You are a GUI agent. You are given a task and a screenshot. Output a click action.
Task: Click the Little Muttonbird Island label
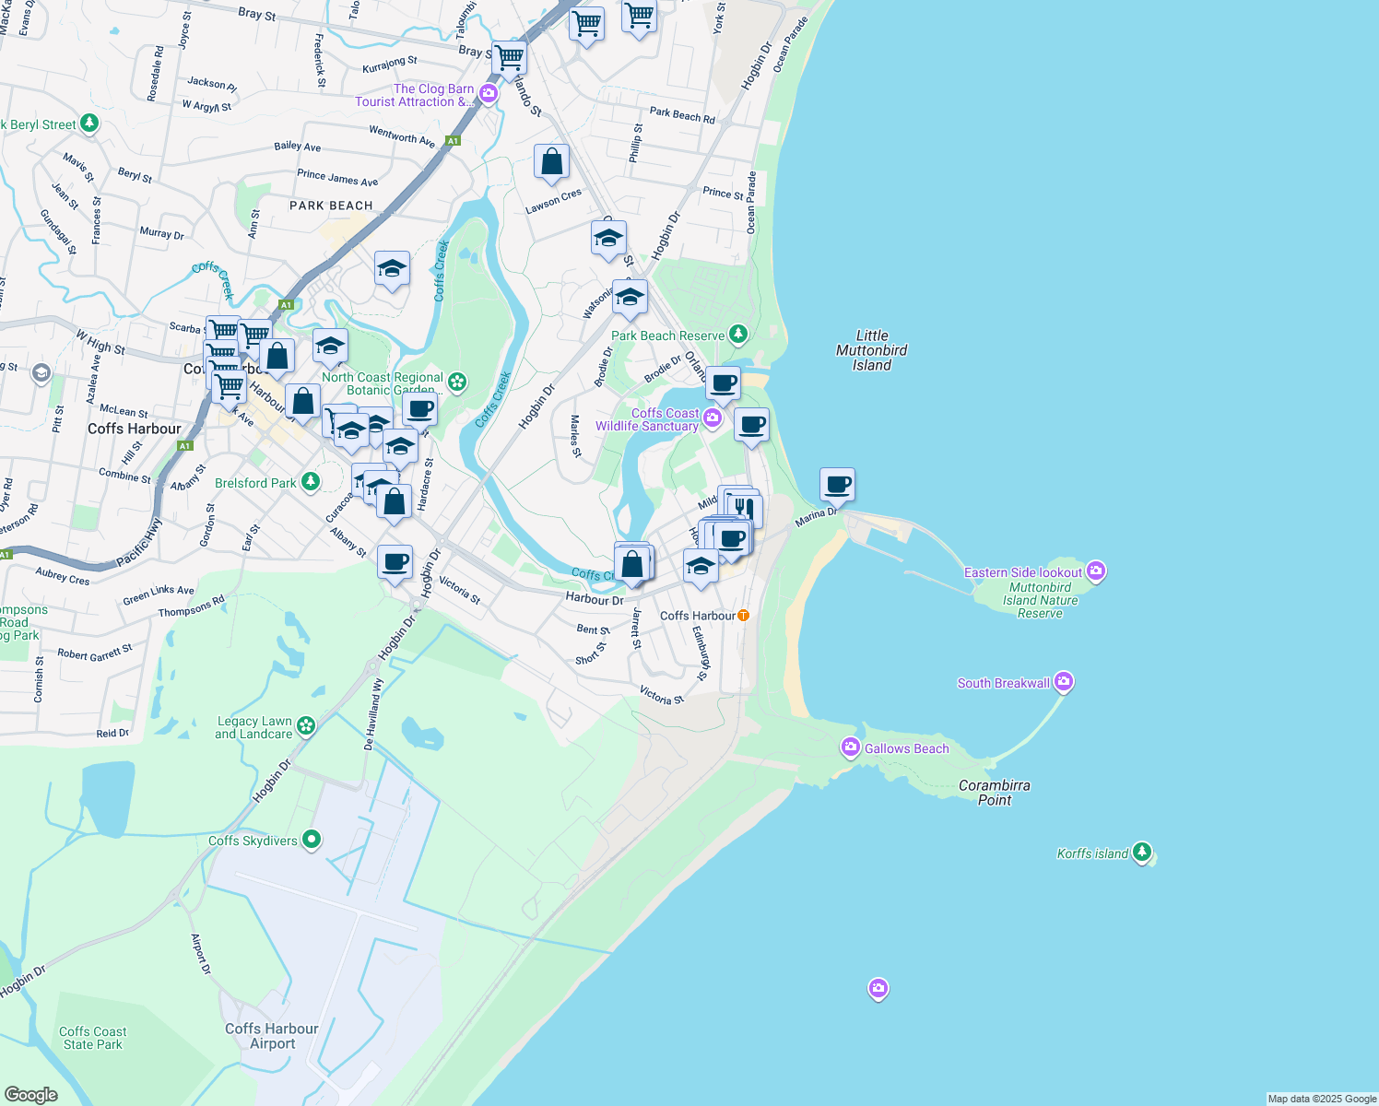[x=871, y=350]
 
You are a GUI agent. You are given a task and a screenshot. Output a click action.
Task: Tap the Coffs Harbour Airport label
[x=272, y=1036]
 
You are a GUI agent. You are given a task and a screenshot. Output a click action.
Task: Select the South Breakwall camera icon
[x=1064, y=682]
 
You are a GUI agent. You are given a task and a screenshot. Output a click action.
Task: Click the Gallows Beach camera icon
[x=850, y=747]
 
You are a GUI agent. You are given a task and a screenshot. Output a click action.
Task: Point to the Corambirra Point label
[x=994, y=793]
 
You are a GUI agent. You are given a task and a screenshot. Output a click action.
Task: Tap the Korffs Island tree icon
[x=1142, y=853]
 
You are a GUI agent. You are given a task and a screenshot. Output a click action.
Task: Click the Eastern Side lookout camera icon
[x=1096, y=571]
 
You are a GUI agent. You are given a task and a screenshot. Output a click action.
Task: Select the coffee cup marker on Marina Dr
[x=837, y=484]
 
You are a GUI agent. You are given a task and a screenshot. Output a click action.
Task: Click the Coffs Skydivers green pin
[x=312, y=840]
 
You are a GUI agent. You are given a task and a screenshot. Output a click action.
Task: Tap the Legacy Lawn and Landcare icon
[x=306, y=726]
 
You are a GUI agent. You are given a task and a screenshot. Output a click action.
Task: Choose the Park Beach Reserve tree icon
[x=737, y=335]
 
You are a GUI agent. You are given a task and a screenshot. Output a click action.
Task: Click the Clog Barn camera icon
[x=489, y=94]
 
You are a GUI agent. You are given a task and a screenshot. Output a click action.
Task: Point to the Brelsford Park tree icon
[x=311, y=482]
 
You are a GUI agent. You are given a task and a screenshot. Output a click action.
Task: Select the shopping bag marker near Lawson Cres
[x=551, y=162]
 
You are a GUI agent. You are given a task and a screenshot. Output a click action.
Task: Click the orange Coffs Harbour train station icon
[x=744, y=615]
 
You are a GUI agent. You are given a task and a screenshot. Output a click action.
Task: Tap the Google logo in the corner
[x=31, y=1094]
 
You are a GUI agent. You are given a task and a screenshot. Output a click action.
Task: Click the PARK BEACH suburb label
[x=331, y=206]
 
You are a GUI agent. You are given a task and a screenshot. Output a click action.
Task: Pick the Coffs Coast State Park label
[x=92, y=1038]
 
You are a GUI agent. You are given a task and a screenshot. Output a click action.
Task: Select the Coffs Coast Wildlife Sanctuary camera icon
[x=713, y=419]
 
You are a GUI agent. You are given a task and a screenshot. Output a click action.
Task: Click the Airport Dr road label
[x=200, y=955]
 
